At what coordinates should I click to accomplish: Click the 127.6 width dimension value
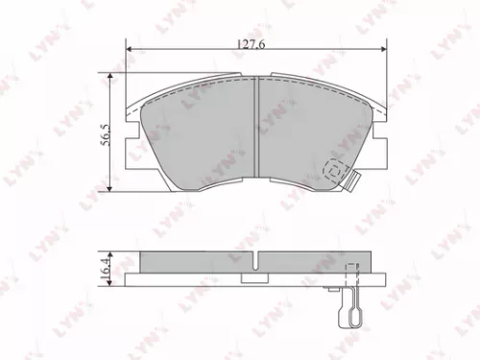[253, 42]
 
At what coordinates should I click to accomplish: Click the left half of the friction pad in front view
[202, 134]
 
